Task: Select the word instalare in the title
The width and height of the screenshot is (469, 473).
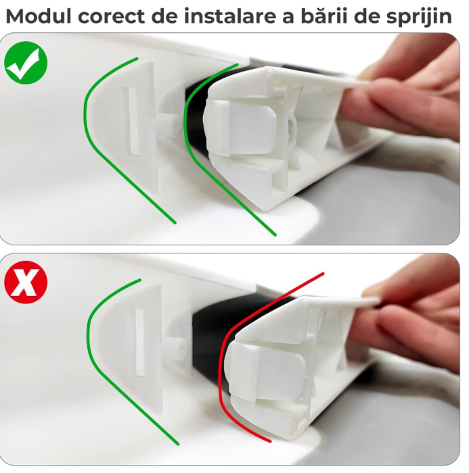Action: pos(219,16)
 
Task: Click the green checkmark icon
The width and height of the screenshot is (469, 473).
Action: pos(26,63)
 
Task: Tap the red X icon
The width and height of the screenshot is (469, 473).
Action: pos(26,283)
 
